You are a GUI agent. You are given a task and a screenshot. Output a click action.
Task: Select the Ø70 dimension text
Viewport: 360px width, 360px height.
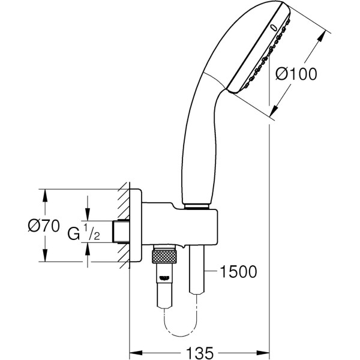coord(43,226)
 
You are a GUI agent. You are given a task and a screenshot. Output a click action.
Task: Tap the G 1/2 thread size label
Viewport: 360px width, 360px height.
coord(82,233)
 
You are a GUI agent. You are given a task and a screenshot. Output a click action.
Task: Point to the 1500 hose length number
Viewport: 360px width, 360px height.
coord(238,272)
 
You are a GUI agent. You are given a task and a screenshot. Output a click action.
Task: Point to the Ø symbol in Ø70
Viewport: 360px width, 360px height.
coord(35,226)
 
